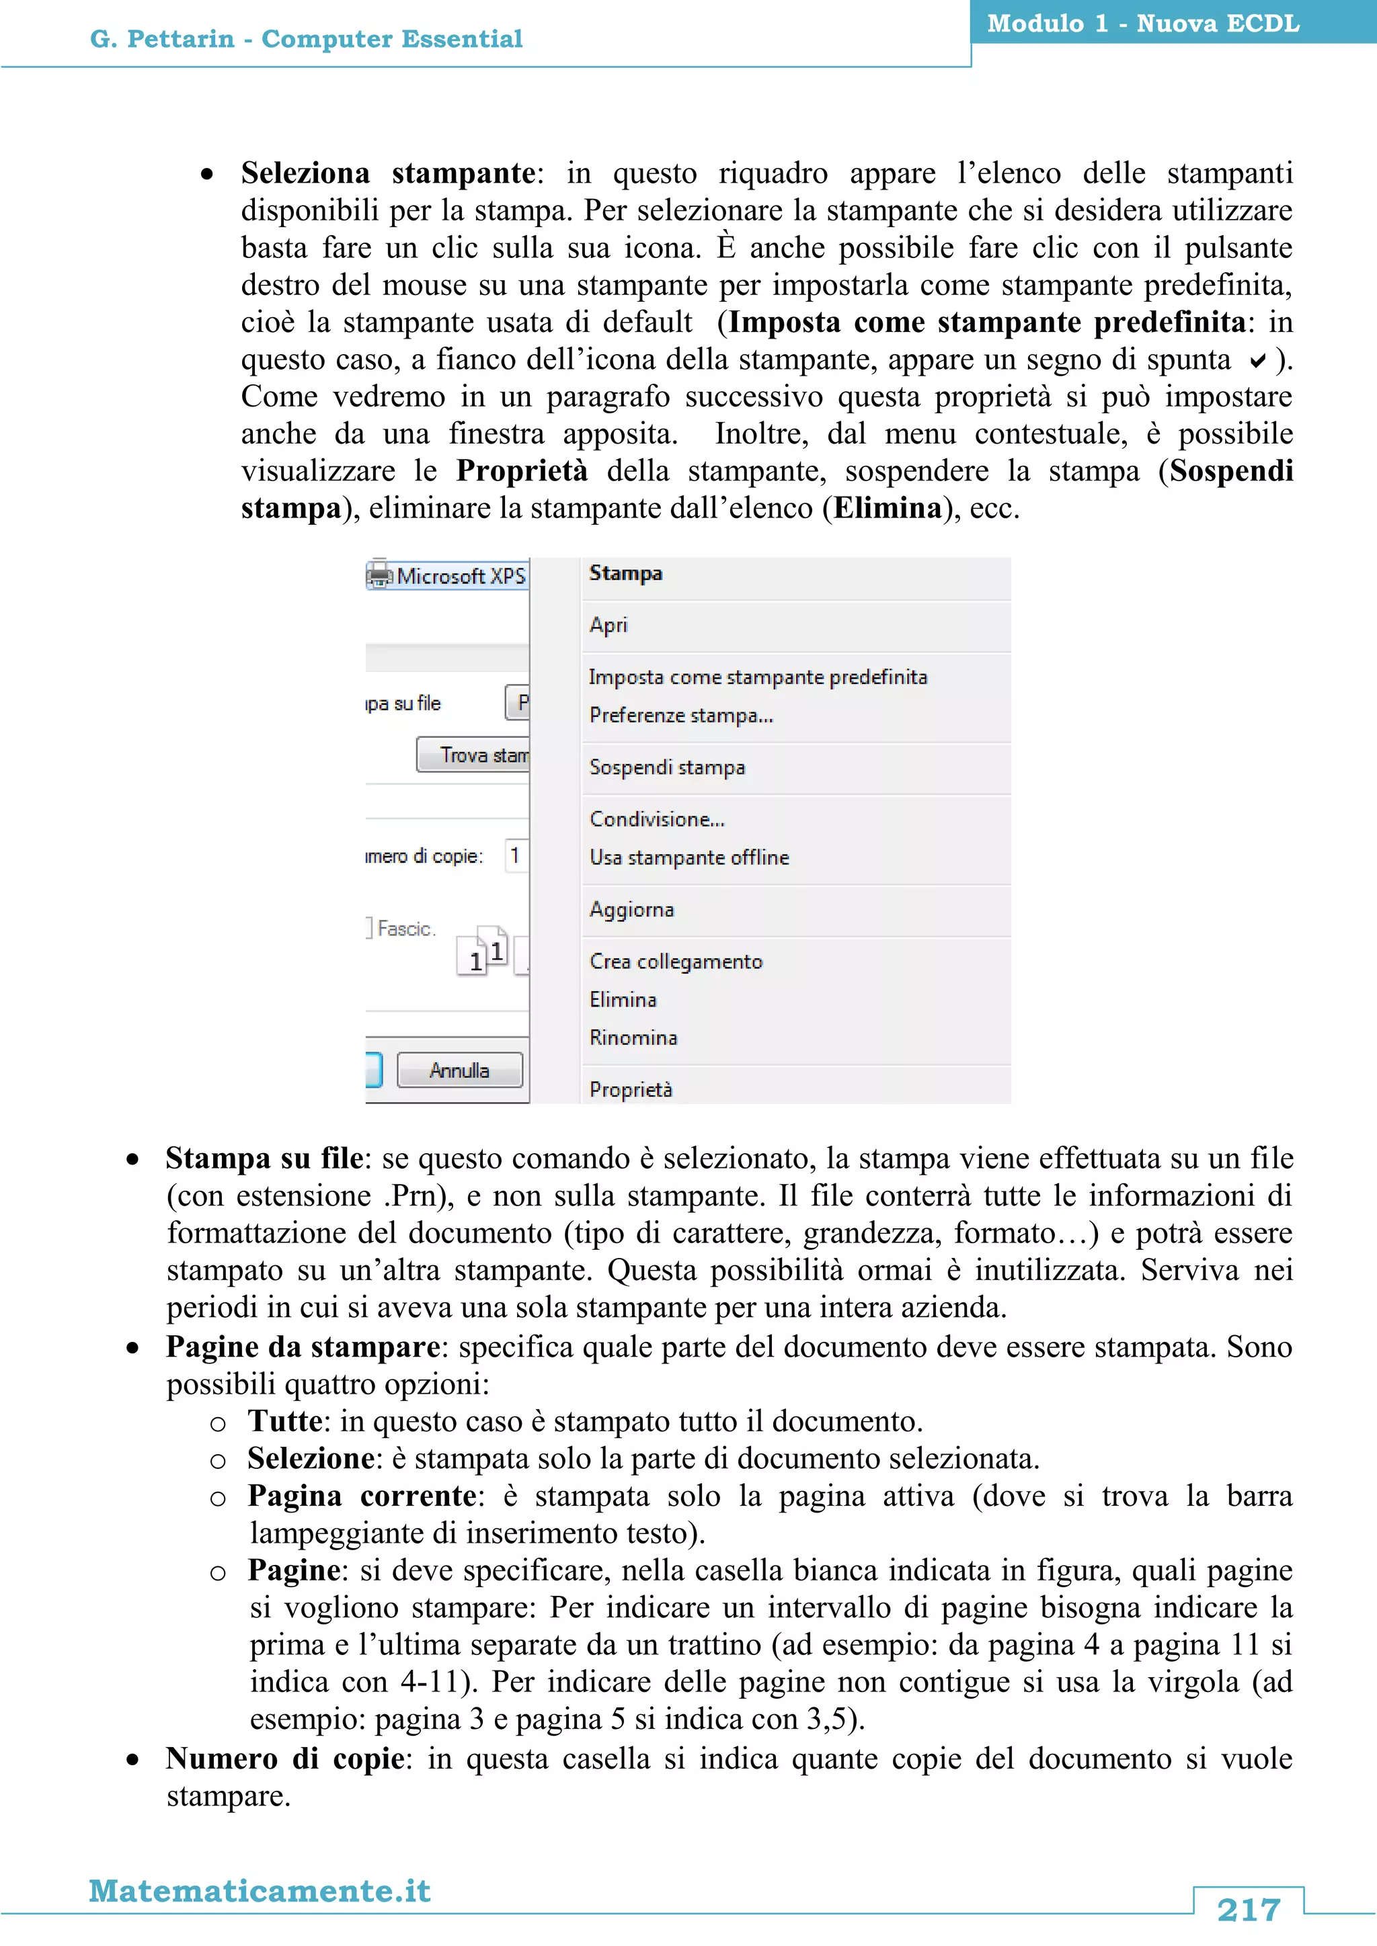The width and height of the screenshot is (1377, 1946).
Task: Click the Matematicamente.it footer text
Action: pos(260,1890)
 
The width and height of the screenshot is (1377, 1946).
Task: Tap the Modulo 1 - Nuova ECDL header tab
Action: pos(1143,23)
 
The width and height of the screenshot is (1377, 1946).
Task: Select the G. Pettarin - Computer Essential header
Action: pos(306,39)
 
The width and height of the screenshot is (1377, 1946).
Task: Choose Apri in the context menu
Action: pos(608,625)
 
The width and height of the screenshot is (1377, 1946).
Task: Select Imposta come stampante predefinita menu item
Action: pos(758,677)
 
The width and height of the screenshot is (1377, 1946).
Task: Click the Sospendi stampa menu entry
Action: pos(667,767)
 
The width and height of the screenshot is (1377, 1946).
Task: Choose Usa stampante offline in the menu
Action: pos(689,857)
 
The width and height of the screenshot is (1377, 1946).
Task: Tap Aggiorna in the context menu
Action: pos(632,909)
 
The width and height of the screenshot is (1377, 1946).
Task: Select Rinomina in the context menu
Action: pos(633,1038)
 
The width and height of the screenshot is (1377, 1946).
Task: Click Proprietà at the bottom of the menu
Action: pos(631,1089)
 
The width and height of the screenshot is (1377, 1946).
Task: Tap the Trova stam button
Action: pos(473,755)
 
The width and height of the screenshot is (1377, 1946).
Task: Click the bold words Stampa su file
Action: pos(264,1158)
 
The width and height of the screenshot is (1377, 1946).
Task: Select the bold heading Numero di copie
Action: pos(284,1758)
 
